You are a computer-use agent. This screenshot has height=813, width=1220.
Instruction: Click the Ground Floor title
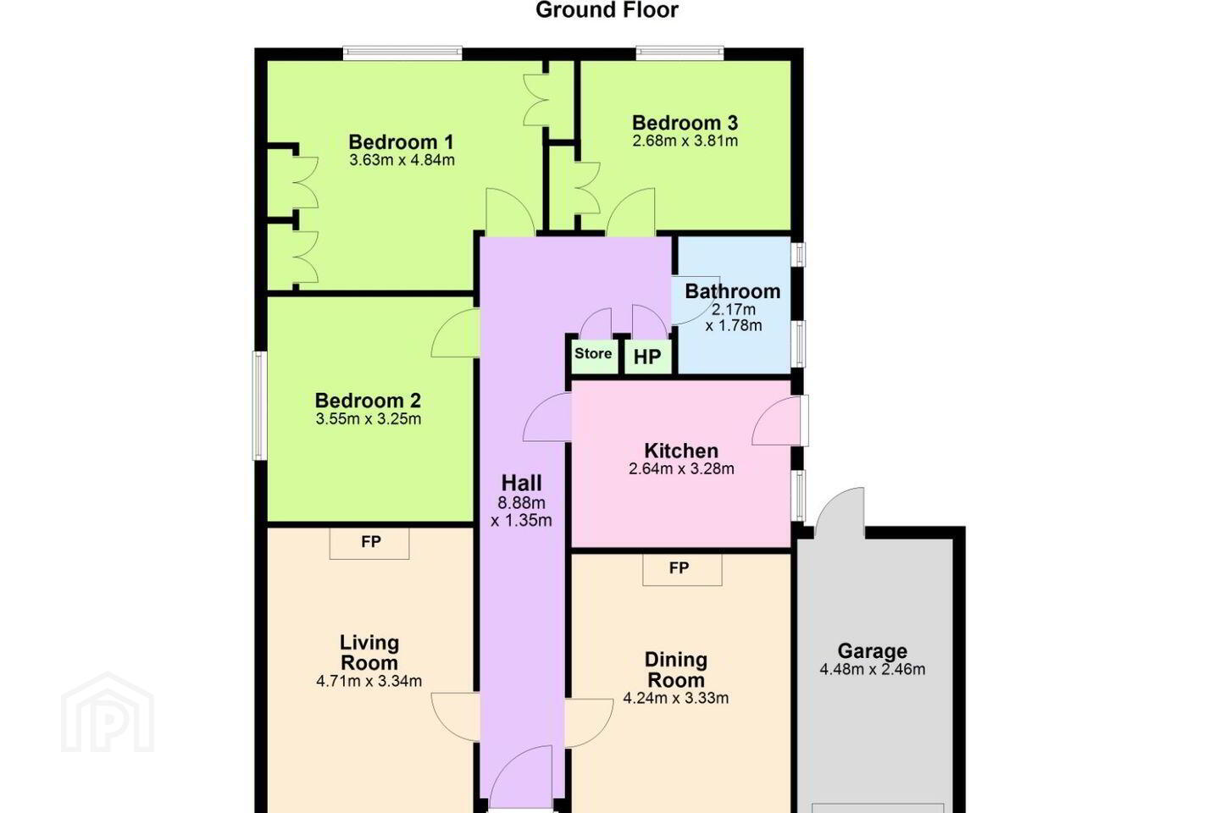point(607,10)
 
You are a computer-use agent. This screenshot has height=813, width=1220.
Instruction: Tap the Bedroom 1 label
point(401,142)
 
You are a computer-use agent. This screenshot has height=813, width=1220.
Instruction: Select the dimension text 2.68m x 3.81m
point(685,141)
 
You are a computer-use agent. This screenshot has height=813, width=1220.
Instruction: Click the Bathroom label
point(733,291)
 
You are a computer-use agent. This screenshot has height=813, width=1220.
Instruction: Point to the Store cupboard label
point(593,353)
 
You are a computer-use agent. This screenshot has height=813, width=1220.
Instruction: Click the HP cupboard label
point(647,357)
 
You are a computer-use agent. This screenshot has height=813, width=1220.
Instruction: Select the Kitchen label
point(681,451)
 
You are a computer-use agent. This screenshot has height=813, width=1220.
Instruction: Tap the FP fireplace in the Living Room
point(369,543)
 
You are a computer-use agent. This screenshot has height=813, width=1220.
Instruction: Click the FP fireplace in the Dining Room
point(682,570)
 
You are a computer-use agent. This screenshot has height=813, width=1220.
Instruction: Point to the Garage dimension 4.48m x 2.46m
point(873,669)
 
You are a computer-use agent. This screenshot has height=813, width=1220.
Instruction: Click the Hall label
point(521,483)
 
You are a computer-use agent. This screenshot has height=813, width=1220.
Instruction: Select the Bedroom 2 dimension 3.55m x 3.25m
point(369,418)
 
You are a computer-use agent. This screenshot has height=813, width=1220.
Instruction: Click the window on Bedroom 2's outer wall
point(259,405)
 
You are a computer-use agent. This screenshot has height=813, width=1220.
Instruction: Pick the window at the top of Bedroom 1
point(402,53)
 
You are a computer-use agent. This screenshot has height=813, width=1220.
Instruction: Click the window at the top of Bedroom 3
point(679,53)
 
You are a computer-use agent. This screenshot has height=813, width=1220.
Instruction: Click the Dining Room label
point(676,670)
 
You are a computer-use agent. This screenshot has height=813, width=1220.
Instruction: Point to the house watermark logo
point(108,712)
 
